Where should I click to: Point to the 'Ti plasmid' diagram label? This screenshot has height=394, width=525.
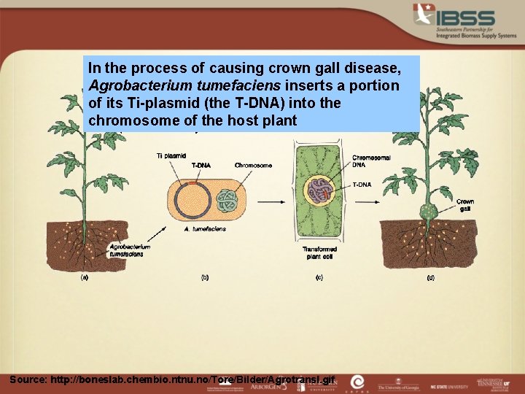(171, 155)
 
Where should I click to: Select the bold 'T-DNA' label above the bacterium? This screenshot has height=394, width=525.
(201, 166)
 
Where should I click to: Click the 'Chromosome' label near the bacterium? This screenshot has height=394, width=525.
(253, 166)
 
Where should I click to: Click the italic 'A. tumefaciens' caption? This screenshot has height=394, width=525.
(205, 228)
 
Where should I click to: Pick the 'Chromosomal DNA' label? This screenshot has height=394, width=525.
(371, 162)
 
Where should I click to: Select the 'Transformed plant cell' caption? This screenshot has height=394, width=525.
(319, 253)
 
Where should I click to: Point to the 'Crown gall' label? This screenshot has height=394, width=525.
(465, 205)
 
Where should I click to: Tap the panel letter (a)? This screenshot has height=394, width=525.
(85, 277)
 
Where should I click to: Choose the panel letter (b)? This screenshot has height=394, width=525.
(205, 277)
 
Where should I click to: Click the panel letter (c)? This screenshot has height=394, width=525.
(319, 277)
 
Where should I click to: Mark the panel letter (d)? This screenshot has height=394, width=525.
(430, 277)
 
